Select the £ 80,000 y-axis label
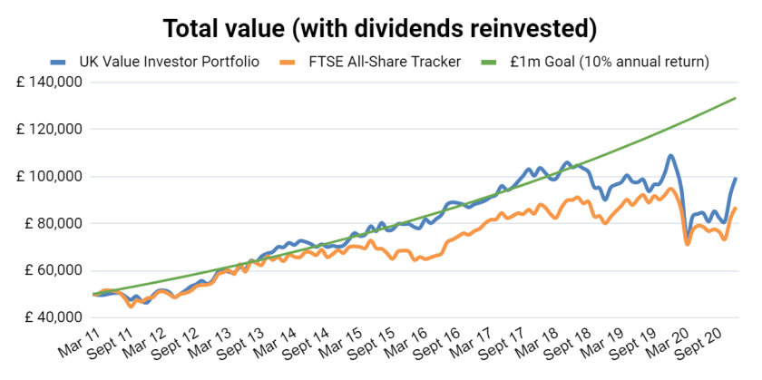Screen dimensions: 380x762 coord(49,223)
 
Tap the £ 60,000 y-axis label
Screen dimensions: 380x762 coord(49,270)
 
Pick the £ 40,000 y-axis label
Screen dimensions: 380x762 coord(49,317)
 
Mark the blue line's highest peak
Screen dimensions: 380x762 coord(670,155)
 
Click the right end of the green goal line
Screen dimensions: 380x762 coord(735,98)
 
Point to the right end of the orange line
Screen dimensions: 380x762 coord(735,209)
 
